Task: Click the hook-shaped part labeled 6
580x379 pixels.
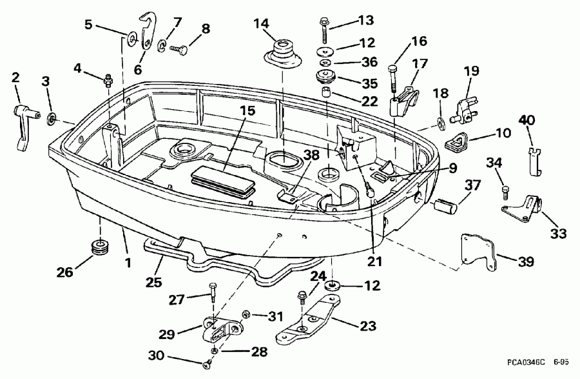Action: click(x=150, y=31)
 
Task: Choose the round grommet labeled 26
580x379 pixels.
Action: click(x=101, y=247)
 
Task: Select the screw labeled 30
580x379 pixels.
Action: click(x=208, y=365)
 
